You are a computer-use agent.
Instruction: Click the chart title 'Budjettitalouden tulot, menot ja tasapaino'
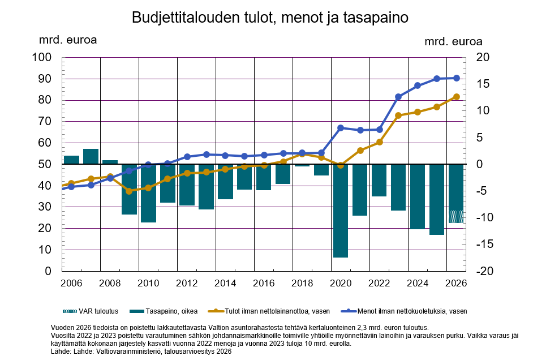point(270,18)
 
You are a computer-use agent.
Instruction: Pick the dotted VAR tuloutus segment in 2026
point(456,216)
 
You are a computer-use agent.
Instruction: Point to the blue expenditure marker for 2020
point(341,128)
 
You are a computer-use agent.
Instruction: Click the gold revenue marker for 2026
point(456,97)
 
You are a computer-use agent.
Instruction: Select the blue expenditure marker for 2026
point(456,78)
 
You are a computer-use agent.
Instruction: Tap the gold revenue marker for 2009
point(129,191)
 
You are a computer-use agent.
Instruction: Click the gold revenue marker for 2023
point(398,115)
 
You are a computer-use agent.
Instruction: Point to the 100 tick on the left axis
point(44,58)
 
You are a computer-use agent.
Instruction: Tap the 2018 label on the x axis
point(302,282)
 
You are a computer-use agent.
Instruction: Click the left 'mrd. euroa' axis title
point(67,40)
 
